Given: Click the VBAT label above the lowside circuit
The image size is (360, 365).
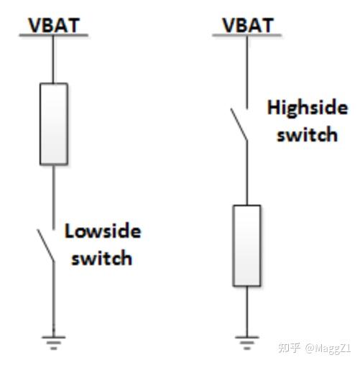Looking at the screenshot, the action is pos(54,25).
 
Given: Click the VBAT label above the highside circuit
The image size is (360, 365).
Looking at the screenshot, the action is pos(248,25).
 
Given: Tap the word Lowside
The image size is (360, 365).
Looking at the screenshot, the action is pos(103,231).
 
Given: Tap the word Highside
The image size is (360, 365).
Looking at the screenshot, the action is pos(308,108).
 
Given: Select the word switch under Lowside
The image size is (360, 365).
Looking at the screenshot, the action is pos(102,258).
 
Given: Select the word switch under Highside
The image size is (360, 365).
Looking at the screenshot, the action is pos(307,134).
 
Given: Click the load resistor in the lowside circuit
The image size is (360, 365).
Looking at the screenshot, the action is pos(54,124).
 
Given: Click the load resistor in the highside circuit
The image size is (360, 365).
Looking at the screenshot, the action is pos(247,246).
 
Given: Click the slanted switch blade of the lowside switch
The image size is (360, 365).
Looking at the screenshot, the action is pos(45,245).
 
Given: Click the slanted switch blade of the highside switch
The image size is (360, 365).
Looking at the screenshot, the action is pos(239,124).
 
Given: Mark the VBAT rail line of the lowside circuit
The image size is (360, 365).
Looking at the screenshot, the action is pos(54,35).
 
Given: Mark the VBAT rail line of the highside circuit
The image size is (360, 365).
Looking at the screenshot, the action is pos(247,35).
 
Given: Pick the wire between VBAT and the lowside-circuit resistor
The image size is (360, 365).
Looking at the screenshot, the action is pos(53,60).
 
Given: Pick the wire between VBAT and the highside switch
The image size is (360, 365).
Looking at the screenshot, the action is pos(247,73).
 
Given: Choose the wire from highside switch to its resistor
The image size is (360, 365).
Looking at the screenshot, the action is pos(247,172).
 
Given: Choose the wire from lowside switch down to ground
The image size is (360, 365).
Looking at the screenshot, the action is pos(54,299).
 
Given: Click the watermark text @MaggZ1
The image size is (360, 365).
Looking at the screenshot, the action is pos(328,348).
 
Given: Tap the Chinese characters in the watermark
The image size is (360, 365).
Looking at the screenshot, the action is pos(290,348).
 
